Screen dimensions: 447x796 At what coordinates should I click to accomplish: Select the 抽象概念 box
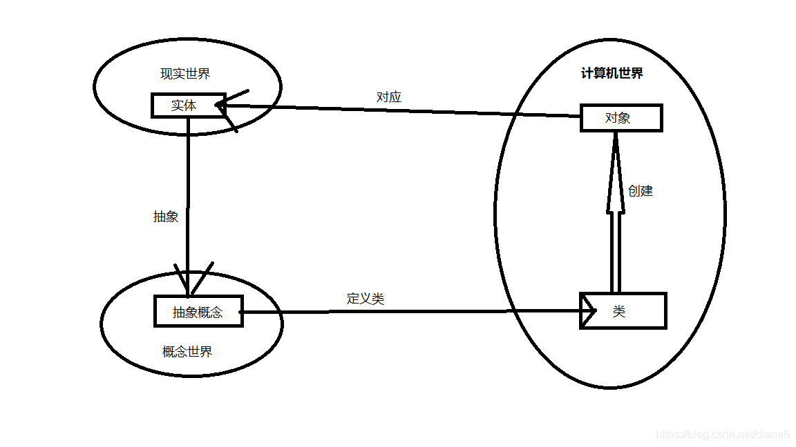[x=198, y=312]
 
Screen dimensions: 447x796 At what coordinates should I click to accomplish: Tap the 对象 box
[x=620, y=118]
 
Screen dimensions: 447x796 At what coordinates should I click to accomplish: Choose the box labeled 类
[x=622, y=311]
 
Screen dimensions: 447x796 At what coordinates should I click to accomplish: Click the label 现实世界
[x=185, y=74]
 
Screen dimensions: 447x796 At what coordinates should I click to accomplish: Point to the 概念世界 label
[x=187, y=352]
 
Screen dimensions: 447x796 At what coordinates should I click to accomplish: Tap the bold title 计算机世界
[x=612, y=73]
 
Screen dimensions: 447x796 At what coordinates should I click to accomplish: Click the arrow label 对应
[x=388, y=97]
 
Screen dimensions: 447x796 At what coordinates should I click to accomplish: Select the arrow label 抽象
[x=166, y=216]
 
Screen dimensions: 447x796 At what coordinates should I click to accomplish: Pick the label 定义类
[x=365, y=299]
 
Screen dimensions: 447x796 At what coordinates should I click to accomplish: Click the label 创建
[x=641, y=191]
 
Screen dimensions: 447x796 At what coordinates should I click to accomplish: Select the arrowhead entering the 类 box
[x=589, y=311]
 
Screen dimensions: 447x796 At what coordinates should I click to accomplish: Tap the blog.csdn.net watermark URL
[x=722, y=434]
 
